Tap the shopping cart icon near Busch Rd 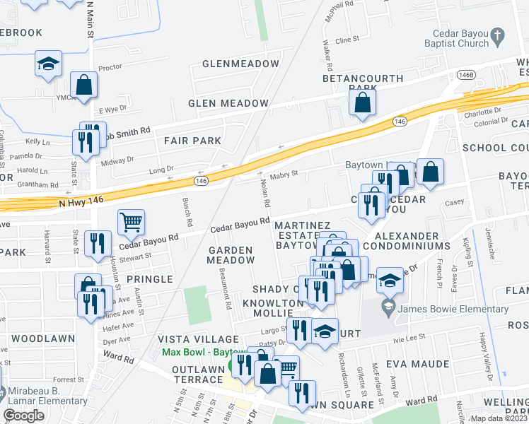131,223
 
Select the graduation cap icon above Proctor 49,64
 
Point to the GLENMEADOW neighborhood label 241,64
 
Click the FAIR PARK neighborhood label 192,141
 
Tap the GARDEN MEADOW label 230,255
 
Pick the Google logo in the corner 23,416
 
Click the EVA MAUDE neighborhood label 417,364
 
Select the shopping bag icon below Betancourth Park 362,102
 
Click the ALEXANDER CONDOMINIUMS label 412,240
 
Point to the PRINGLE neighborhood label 149,279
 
